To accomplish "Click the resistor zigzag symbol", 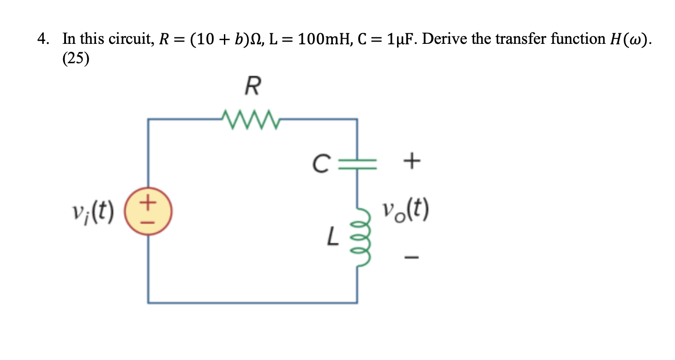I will [x=250, y=120].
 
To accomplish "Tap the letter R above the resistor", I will [x=252, y=86].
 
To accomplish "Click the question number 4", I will [x=42, y=39].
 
